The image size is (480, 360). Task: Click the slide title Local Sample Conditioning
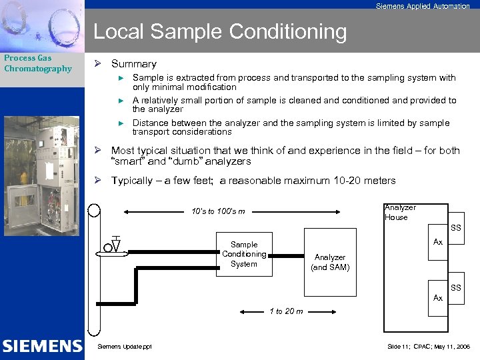tap(220, 31)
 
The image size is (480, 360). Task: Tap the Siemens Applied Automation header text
tap(422, 6)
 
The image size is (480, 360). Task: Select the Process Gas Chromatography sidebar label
tap(38, 63)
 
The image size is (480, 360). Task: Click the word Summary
tap(133, 64)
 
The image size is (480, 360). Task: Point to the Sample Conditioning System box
tap(243, 254)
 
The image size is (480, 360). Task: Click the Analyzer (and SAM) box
tap(330, 262)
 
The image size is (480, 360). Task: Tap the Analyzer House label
tap(400, 212)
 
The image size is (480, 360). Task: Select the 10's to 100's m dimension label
tap(217, 211)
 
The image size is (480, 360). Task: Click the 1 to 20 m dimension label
tap(285, 311)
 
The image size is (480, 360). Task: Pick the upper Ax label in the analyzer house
tap(437, 242)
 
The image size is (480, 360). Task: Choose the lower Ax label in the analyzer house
tap(437, 298)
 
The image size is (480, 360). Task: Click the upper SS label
tap(455, 229)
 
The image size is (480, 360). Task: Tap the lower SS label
tap(455, 287)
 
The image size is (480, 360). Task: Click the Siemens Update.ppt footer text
tap(125, 347)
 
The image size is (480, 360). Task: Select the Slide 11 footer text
tap(429, 347)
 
